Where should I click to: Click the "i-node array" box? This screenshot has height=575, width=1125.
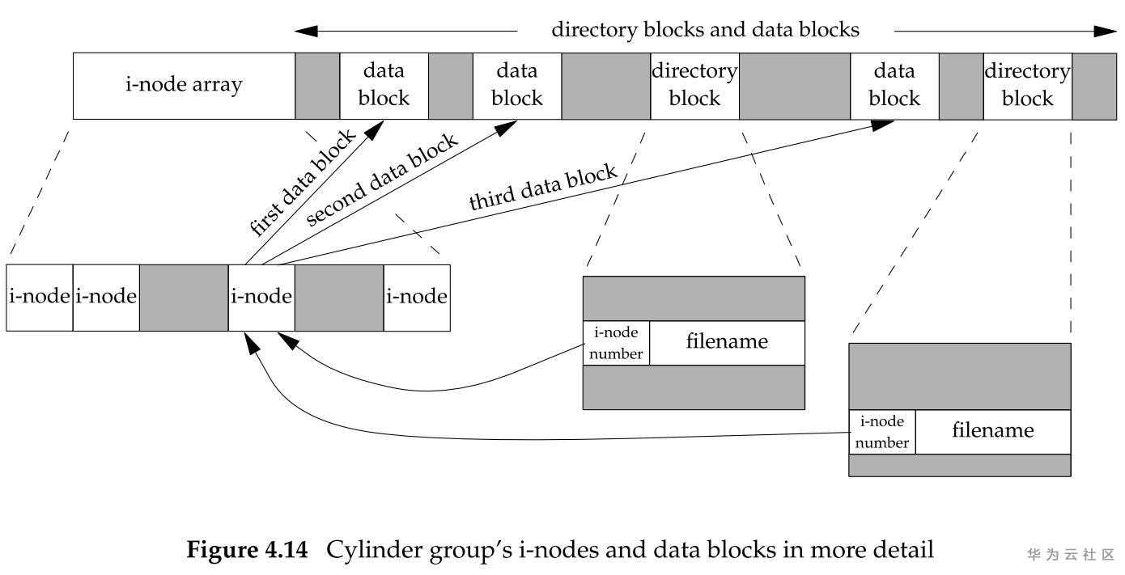184,86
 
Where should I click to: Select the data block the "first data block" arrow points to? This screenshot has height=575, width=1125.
384,86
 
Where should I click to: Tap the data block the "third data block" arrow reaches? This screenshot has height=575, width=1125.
894,86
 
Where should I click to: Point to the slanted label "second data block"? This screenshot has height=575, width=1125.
382,179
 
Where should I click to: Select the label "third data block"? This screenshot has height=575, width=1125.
543,188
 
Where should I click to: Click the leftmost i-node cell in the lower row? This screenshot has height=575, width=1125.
40,297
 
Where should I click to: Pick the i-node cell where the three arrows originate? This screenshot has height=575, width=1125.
261,297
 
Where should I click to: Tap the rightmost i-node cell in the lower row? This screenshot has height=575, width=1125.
417,297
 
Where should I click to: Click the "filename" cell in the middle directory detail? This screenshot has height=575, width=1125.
727,342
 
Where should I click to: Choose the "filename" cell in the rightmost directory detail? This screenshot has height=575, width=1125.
993,431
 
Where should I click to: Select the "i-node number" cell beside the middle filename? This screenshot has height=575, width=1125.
616,343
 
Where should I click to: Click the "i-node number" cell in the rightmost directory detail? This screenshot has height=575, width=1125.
882,432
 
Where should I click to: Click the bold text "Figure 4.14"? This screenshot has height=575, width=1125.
248,551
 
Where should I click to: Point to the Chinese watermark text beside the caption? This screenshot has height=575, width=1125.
1071,555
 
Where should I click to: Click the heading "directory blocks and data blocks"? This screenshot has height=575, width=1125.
705,30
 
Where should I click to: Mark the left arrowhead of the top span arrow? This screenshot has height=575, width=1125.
304,32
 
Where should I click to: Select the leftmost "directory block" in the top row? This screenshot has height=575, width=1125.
694,86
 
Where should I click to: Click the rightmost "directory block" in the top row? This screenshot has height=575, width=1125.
1027,86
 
